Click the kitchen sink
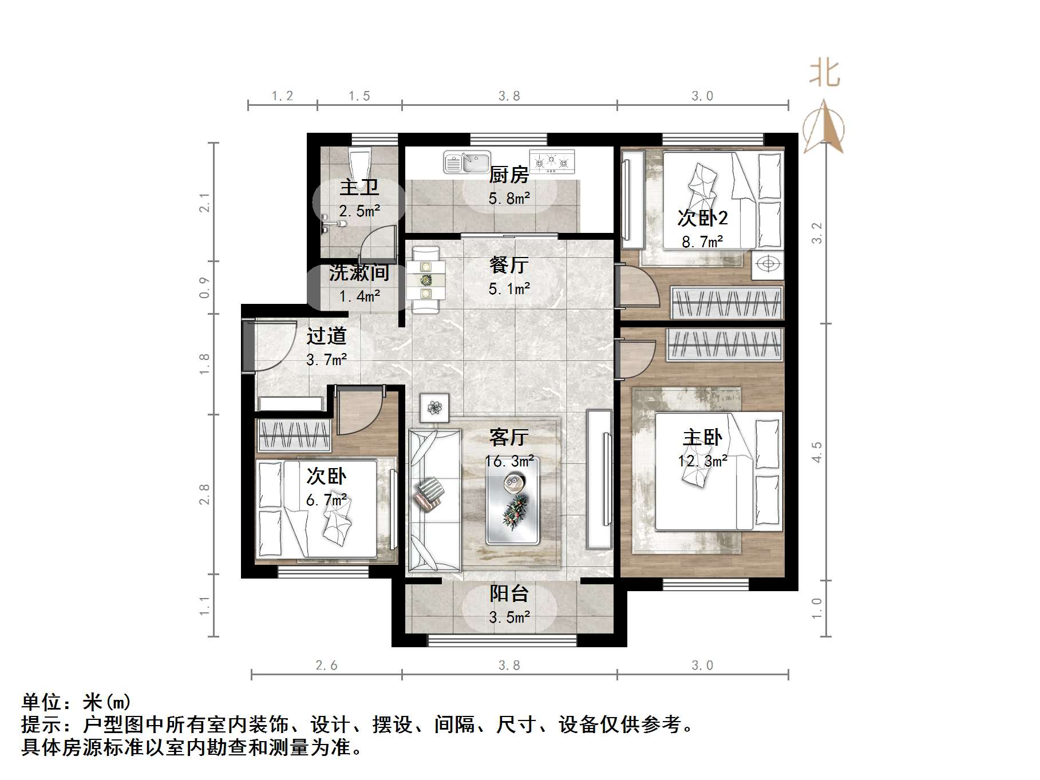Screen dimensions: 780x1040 (x=467, y=163)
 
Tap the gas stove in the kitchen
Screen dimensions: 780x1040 (x=552, y=161)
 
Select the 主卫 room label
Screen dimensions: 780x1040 (x=359, y=187)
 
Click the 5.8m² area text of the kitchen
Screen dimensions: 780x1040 (x=509, y=199)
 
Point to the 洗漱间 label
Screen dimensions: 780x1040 (x=359, y=273)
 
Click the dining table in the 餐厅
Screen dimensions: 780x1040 (x=426, y=280)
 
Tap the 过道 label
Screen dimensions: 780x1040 (x=326, y=336)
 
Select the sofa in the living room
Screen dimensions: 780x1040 (x=434, y=499)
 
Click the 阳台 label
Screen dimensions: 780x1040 (x=509, y=593)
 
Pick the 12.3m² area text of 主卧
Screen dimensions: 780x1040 (x=702, y=461)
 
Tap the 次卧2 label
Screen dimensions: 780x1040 (x=702, y=218)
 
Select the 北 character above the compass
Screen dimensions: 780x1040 (x=824, y=74)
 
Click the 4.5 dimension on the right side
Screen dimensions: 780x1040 (x=816, y=452)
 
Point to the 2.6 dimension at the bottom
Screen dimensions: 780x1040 (x=326, y=666)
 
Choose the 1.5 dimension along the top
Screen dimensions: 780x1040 (x=359, y=96)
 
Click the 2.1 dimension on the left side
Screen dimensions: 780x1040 (x=204, y=203)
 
